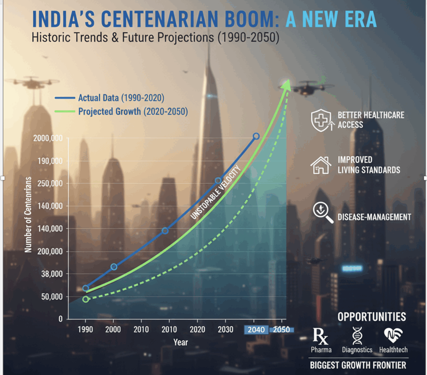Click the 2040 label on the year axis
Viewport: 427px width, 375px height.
pyautogui.click(x=256, y=330)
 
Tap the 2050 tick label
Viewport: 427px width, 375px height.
pyautogui.click(x=281, y=330)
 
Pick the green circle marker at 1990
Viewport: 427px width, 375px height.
pyautogui.click(x=86, y=299)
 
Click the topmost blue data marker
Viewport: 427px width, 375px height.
pyautogui.click(x=256, y=136)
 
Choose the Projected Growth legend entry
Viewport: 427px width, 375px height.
pyautogui.click(x=121, y=112)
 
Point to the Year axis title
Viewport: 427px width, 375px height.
pyautogui.click(x=181, y=342)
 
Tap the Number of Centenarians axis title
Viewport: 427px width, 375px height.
pyautogui.click(x=28, y=214)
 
